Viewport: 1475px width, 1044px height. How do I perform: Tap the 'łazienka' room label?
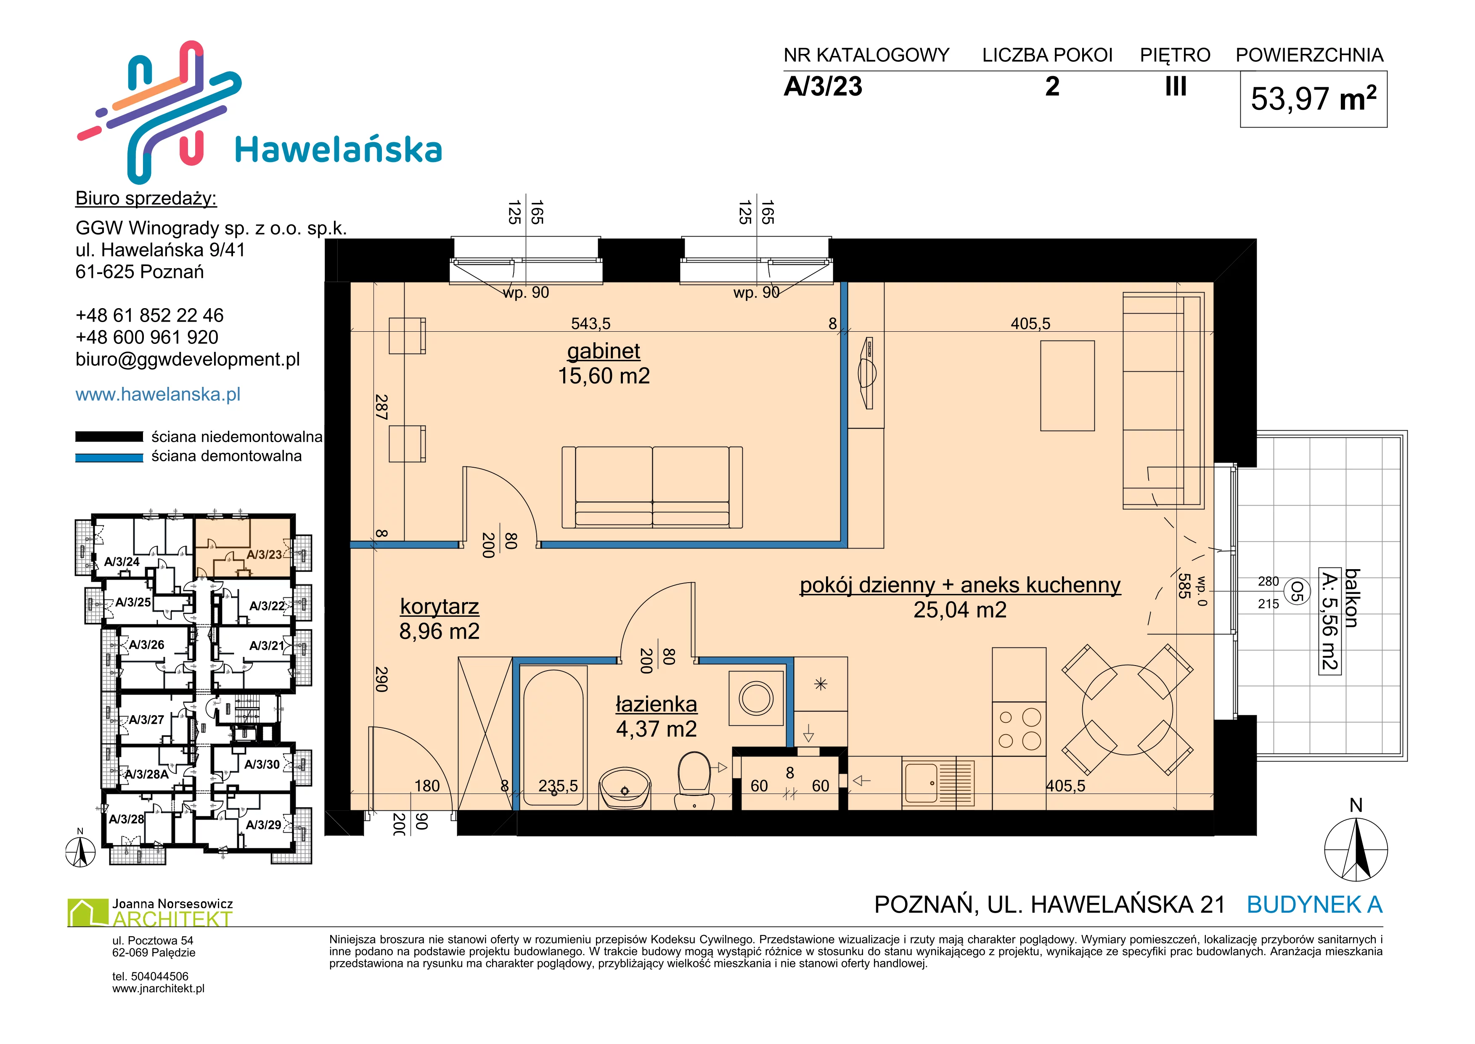(656, 705)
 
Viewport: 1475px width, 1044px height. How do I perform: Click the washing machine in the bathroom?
(756, 698)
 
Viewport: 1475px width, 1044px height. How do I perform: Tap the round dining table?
(1128, 710)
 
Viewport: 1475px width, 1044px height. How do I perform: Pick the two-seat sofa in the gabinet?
(652, 487)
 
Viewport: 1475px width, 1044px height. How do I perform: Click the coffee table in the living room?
(1067, 386)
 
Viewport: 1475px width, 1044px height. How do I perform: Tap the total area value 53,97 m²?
(1313, 99)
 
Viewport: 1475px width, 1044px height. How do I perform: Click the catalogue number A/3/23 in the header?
(823, 87)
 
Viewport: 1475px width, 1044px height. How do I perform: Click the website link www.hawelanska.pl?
(158, 394)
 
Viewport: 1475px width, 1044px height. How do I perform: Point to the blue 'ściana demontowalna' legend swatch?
(109, 458)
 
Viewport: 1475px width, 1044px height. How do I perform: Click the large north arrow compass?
(1356, 850)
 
